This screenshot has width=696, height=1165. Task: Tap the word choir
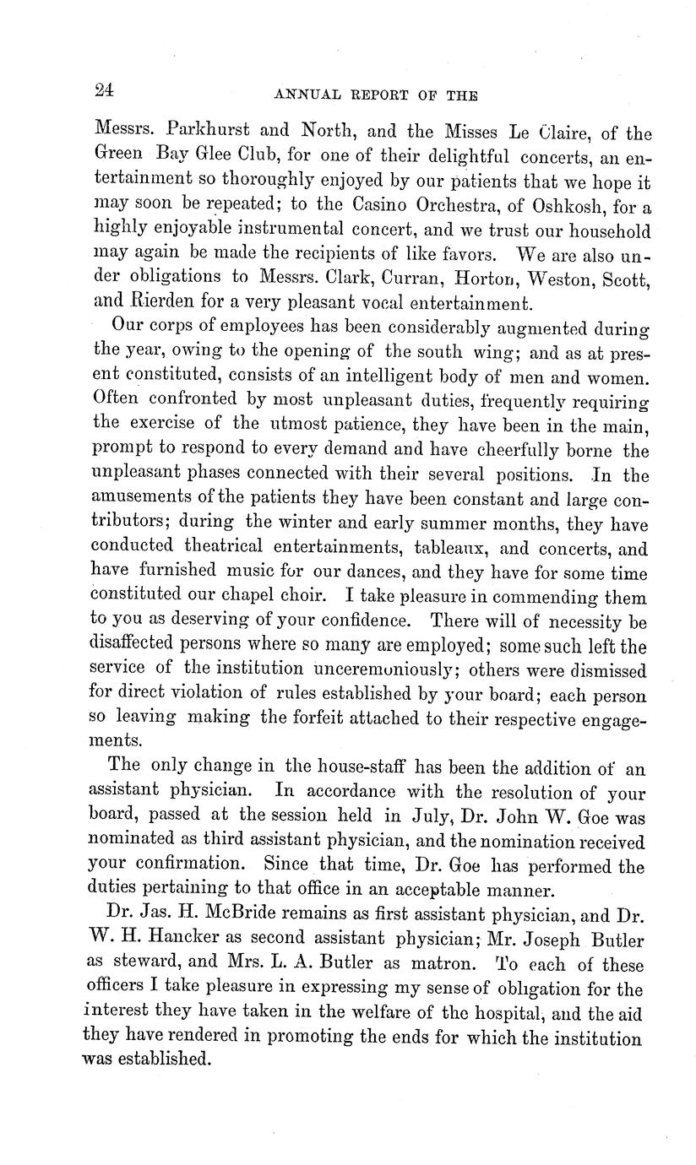point(296,597)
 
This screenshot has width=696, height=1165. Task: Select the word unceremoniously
point(384,669)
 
